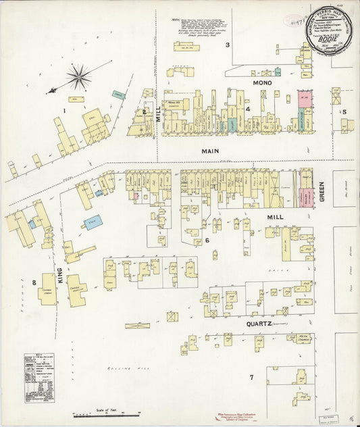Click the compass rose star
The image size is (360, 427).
pos(78,76)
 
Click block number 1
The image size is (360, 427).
pos(65,110)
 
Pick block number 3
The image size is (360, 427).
pos(228,45)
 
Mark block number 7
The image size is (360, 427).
pos(251,377)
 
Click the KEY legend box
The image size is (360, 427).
pos(39,377)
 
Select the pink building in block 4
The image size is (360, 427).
pos(303,97)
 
